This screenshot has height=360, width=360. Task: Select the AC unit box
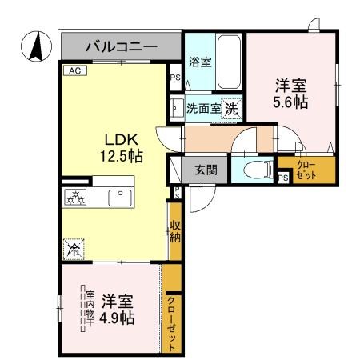(75, 70)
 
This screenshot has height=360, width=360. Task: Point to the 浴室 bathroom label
(200, 62)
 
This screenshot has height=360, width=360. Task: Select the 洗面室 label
(203, 108)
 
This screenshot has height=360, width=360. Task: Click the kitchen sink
(122, 197)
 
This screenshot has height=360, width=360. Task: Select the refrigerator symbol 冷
(74, 249)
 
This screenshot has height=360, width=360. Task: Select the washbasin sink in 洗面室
(176, 107)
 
